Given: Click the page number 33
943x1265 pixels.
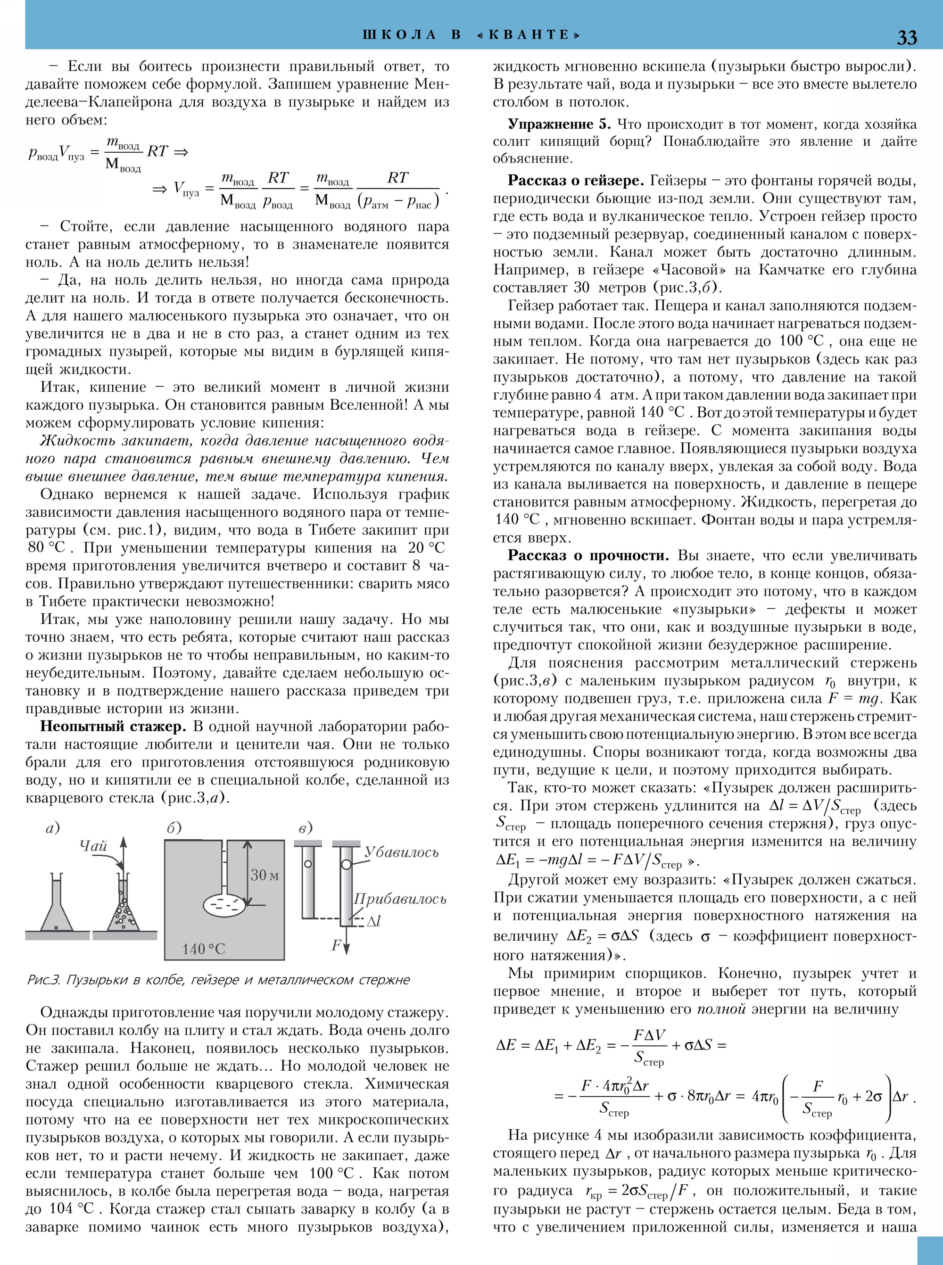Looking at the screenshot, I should [x=907, y=37].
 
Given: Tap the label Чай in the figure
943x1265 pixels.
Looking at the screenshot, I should [x=94, y=846].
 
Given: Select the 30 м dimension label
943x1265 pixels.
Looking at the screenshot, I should [x=265, y=875].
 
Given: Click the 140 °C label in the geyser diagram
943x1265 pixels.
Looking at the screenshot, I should [x=204, y=949].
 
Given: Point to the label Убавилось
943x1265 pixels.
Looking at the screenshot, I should [x=401, y=853].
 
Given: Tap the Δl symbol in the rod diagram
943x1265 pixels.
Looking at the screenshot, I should [x=373, y=921].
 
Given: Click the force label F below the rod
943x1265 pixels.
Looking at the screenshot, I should [x=336, y=945].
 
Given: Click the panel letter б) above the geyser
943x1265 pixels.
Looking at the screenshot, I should [x=174, y=828].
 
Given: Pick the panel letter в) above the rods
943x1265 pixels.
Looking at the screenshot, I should [x=306, y=828].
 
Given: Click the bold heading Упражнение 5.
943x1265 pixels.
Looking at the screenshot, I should [x=559, y=124].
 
